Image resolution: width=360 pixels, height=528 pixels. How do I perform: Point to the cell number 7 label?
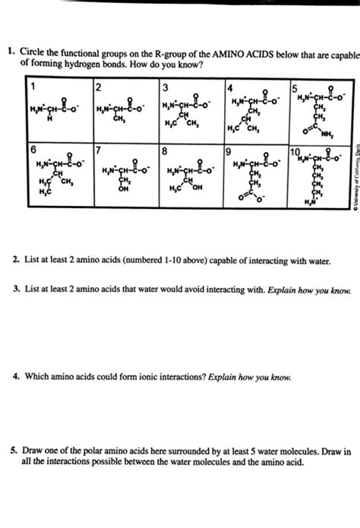(x=97, y=149)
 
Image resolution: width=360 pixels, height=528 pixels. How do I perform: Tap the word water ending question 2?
(x=317, y=260)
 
